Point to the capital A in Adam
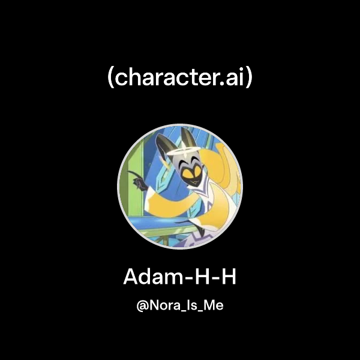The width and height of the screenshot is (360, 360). tap(131, 277)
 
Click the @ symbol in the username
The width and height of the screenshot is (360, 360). tap(142, 307)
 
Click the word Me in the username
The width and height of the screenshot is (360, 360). tap(214, 307)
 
